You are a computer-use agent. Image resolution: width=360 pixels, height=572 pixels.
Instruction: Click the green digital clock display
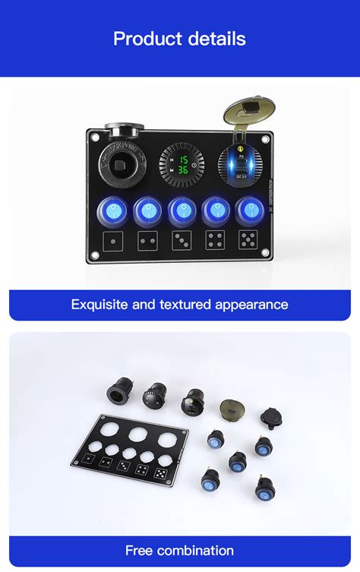[x=180, y=165]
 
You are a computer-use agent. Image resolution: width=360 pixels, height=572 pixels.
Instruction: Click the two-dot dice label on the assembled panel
[x=147, y=241]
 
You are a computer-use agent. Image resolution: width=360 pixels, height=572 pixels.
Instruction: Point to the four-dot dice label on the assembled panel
[x=215, y=241]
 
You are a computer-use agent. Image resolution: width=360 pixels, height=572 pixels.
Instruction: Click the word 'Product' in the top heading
[x=145, y=39]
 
